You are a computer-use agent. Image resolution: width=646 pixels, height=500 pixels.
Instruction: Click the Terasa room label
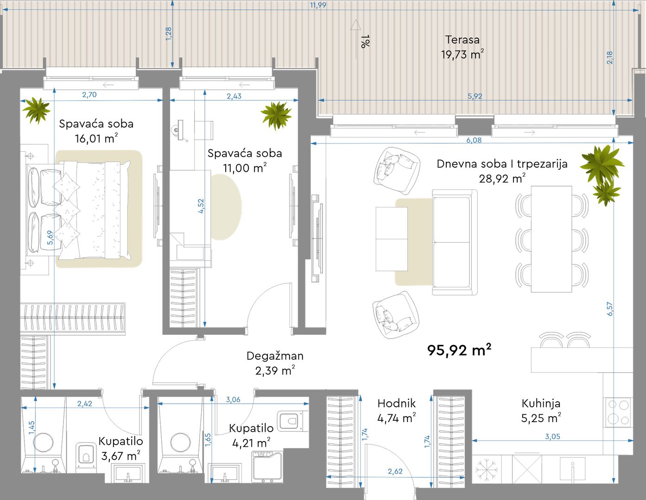click(462, 40)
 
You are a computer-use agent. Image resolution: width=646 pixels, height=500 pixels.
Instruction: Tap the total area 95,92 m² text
click(459, 350)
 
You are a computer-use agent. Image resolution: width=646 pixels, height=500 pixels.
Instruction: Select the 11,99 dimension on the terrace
click(318, 5)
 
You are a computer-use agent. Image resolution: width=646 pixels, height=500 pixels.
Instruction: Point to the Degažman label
click(275, 356)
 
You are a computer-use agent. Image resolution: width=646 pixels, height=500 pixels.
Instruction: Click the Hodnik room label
click(397, 403)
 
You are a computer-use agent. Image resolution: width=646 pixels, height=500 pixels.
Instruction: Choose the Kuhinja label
click(541, 403)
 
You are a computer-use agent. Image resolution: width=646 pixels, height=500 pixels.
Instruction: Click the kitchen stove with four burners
click(618, 412)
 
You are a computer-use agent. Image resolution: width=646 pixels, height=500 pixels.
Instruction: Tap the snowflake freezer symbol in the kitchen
click(486, 470)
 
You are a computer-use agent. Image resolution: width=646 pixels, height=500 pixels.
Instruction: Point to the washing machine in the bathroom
click(267, 467)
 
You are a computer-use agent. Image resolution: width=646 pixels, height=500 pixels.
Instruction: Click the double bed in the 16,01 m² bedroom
click(79, 210)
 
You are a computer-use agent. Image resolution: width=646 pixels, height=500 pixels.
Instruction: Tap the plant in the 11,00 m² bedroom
click(276, 115)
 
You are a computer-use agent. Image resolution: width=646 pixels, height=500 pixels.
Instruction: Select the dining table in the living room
click(551, 239)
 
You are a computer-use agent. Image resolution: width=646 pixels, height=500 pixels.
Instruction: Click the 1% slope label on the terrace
click(365, 41)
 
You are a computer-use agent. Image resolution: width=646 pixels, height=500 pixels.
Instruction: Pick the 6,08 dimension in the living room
click(474, 140)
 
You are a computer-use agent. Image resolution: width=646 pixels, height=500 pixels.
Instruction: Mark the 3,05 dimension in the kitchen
click(552, 437)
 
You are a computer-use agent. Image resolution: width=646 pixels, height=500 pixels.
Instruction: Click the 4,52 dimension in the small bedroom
click(201, 206)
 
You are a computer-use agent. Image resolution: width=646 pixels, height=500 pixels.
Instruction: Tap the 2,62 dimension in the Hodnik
click(395, 471)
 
